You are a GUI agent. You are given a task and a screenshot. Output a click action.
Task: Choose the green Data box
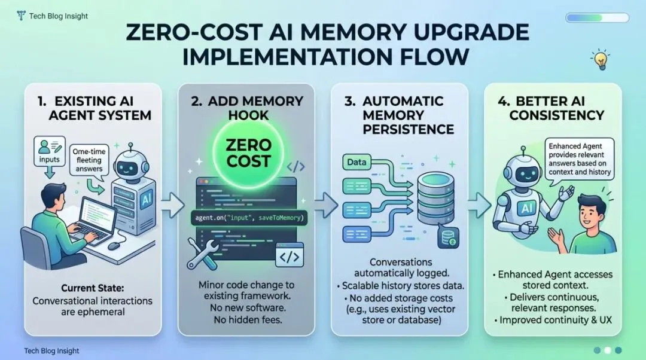click(x=357, y=161)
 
